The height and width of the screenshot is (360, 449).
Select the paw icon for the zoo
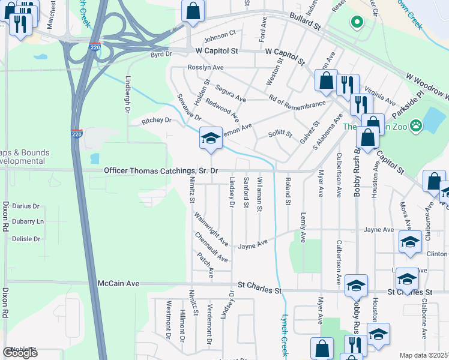point(415,126)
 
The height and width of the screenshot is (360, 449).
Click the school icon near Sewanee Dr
point(211,139)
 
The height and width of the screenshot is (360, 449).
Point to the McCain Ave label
point(118,283)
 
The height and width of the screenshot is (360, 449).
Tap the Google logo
point(20,353)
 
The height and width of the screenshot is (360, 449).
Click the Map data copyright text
point(424,355)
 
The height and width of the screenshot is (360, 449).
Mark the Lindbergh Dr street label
point(127,94)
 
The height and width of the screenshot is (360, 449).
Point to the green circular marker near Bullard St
point(357,23)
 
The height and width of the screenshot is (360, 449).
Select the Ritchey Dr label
point(156,121)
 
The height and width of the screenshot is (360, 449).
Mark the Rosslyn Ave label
point(205,68)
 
